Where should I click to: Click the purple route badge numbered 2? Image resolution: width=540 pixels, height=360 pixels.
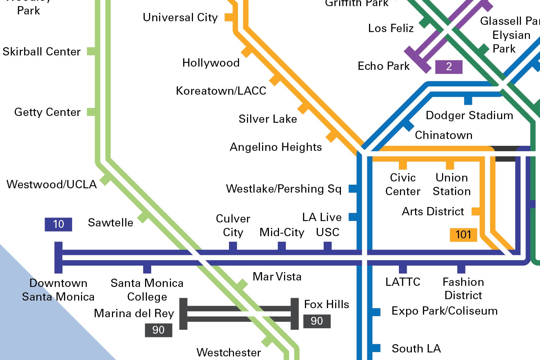click(449, 67)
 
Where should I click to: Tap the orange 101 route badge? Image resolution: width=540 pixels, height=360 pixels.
click(463, 235)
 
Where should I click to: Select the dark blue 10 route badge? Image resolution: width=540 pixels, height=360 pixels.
click(58, 224)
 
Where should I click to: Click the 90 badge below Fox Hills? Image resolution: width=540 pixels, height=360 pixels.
click(317, 321)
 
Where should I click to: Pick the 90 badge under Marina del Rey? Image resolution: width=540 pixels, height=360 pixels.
click(158, 330)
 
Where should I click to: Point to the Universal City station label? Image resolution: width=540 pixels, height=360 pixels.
click(180, 17)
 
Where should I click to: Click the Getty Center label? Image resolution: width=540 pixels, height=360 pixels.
click(47, 112)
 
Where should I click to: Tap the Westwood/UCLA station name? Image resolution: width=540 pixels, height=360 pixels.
click(51, 184)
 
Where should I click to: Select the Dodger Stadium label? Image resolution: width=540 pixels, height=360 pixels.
click(469, 115)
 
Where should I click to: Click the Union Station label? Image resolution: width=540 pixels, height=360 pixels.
click(451, 184)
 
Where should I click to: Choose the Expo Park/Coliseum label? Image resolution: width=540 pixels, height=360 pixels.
click(444, 311)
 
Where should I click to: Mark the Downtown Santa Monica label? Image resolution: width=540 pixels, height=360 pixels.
click(58, 290)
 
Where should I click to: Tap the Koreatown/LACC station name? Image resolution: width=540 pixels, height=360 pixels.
click(221, 91)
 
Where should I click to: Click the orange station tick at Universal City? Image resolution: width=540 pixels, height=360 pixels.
click(229, 17)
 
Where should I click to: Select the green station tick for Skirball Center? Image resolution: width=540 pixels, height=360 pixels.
click(91, 51)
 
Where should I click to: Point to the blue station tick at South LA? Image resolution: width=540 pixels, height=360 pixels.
click(376, 348)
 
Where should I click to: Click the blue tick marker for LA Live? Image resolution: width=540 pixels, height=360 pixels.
click(353, 217)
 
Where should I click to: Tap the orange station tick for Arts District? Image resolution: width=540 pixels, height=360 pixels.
click(476, 211)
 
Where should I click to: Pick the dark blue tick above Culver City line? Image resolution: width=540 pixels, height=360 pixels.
click(233, 246)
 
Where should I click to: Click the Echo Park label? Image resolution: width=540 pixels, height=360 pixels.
click(383, 66)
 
